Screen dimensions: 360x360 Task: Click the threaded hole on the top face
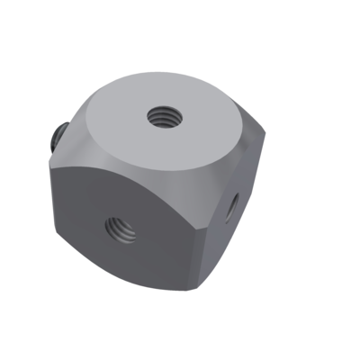click(163, 115)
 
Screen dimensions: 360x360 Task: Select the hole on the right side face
click(231, 208)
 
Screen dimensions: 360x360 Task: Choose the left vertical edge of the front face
click(56, 202)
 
